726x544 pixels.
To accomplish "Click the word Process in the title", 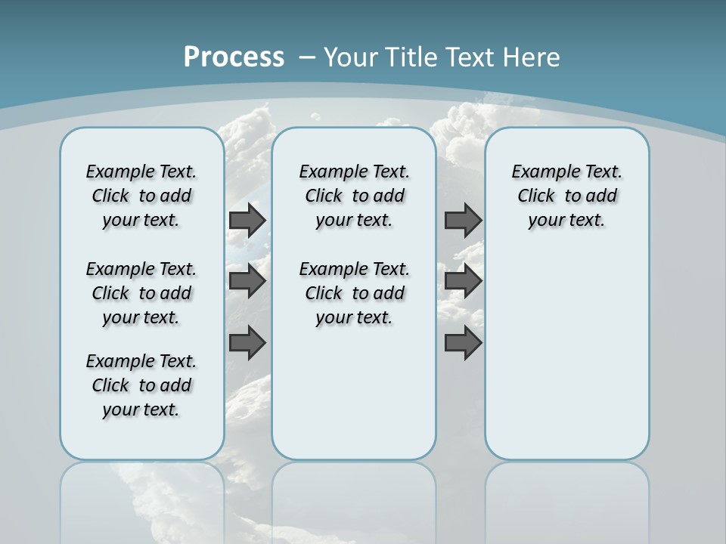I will coord(234,57).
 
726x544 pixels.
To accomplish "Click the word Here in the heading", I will coord(532,57).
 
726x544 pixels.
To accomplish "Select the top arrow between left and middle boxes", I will coord(247,220).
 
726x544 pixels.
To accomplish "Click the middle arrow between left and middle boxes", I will coord(247,281).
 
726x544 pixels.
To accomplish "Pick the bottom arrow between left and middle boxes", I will coord(247,343).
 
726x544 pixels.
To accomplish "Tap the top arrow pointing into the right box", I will coord(463,220).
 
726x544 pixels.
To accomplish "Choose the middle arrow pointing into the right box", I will coord(463,281).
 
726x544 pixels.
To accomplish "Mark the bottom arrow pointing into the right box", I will coord(463,343).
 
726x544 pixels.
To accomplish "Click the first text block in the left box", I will coord(141,196).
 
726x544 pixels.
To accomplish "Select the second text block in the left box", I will coord(141,293).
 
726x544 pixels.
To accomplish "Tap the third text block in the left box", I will coord(141,385).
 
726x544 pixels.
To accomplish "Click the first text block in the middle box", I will coord(354,196).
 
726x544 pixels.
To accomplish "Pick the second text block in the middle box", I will coord(354,293).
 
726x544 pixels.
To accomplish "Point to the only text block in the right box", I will coord(566,196).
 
